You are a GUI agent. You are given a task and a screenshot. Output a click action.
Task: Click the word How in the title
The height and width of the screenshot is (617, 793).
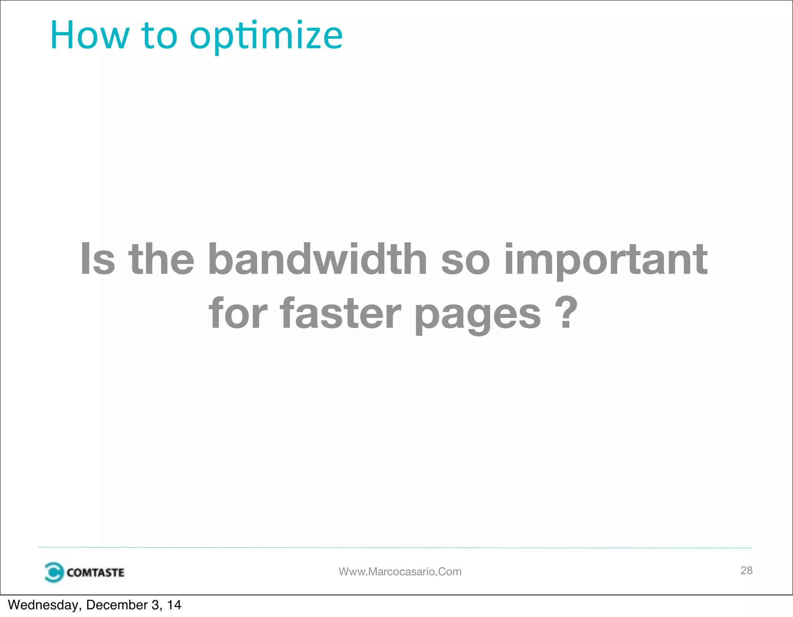[89, 36]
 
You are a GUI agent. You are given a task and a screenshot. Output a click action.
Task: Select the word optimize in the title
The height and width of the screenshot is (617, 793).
[266, 37]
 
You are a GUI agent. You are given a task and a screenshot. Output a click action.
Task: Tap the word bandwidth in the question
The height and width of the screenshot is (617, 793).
[317, 259]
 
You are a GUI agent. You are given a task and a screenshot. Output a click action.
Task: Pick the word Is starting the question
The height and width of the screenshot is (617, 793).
[98, 259]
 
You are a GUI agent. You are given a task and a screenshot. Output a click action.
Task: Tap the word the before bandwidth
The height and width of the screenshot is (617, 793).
[161, 259]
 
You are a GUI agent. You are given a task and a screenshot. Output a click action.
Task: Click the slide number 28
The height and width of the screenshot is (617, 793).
[746, 571]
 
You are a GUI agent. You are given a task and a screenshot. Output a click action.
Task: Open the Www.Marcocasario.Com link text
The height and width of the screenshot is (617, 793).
[400, 572]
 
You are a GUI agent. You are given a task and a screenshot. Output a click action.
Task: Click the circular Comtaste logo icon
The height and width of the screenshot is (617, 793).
[53, 572]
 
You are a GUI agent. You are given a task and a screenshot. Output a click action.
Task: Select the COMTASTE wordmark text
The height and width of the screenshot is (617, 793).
[95, 572]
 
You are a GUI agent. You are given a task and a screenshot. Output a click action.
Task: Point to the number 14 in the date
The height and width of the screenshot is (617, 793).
[174, 605]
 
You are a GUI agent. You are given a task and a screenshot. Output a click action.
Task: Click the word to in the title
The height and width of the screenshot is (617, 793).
[159, 36]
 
